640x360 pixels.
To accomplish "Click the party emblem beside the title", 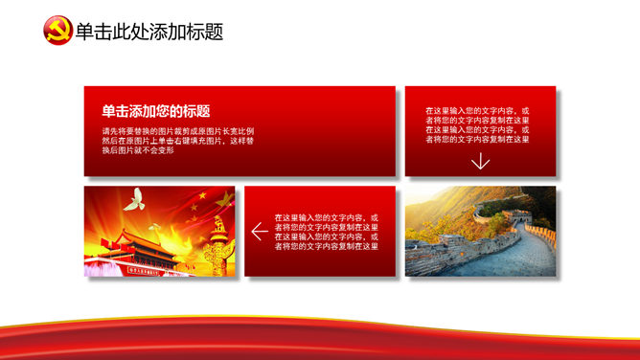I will tap(57, 31).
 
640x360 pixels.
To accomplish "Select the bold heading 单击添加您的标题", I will tap(156, 111).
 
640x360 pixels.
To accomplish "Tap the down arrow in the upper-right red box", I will tap(480, 161).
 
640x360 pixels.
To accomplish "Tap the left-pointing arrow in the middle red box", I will tap(259, 232).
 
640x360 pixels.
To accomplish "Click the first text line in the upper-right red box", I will tap(477, 111).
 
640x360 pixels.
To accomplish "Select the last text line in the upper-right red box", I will tap(477, 140).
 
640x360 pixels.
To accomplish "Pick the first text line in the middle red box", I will tap(326, 217).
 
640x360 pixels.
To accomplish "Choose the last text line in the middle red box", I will tap(326, 246).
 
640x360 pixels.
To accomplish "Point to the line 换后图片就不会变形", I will tap(138, 150).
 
